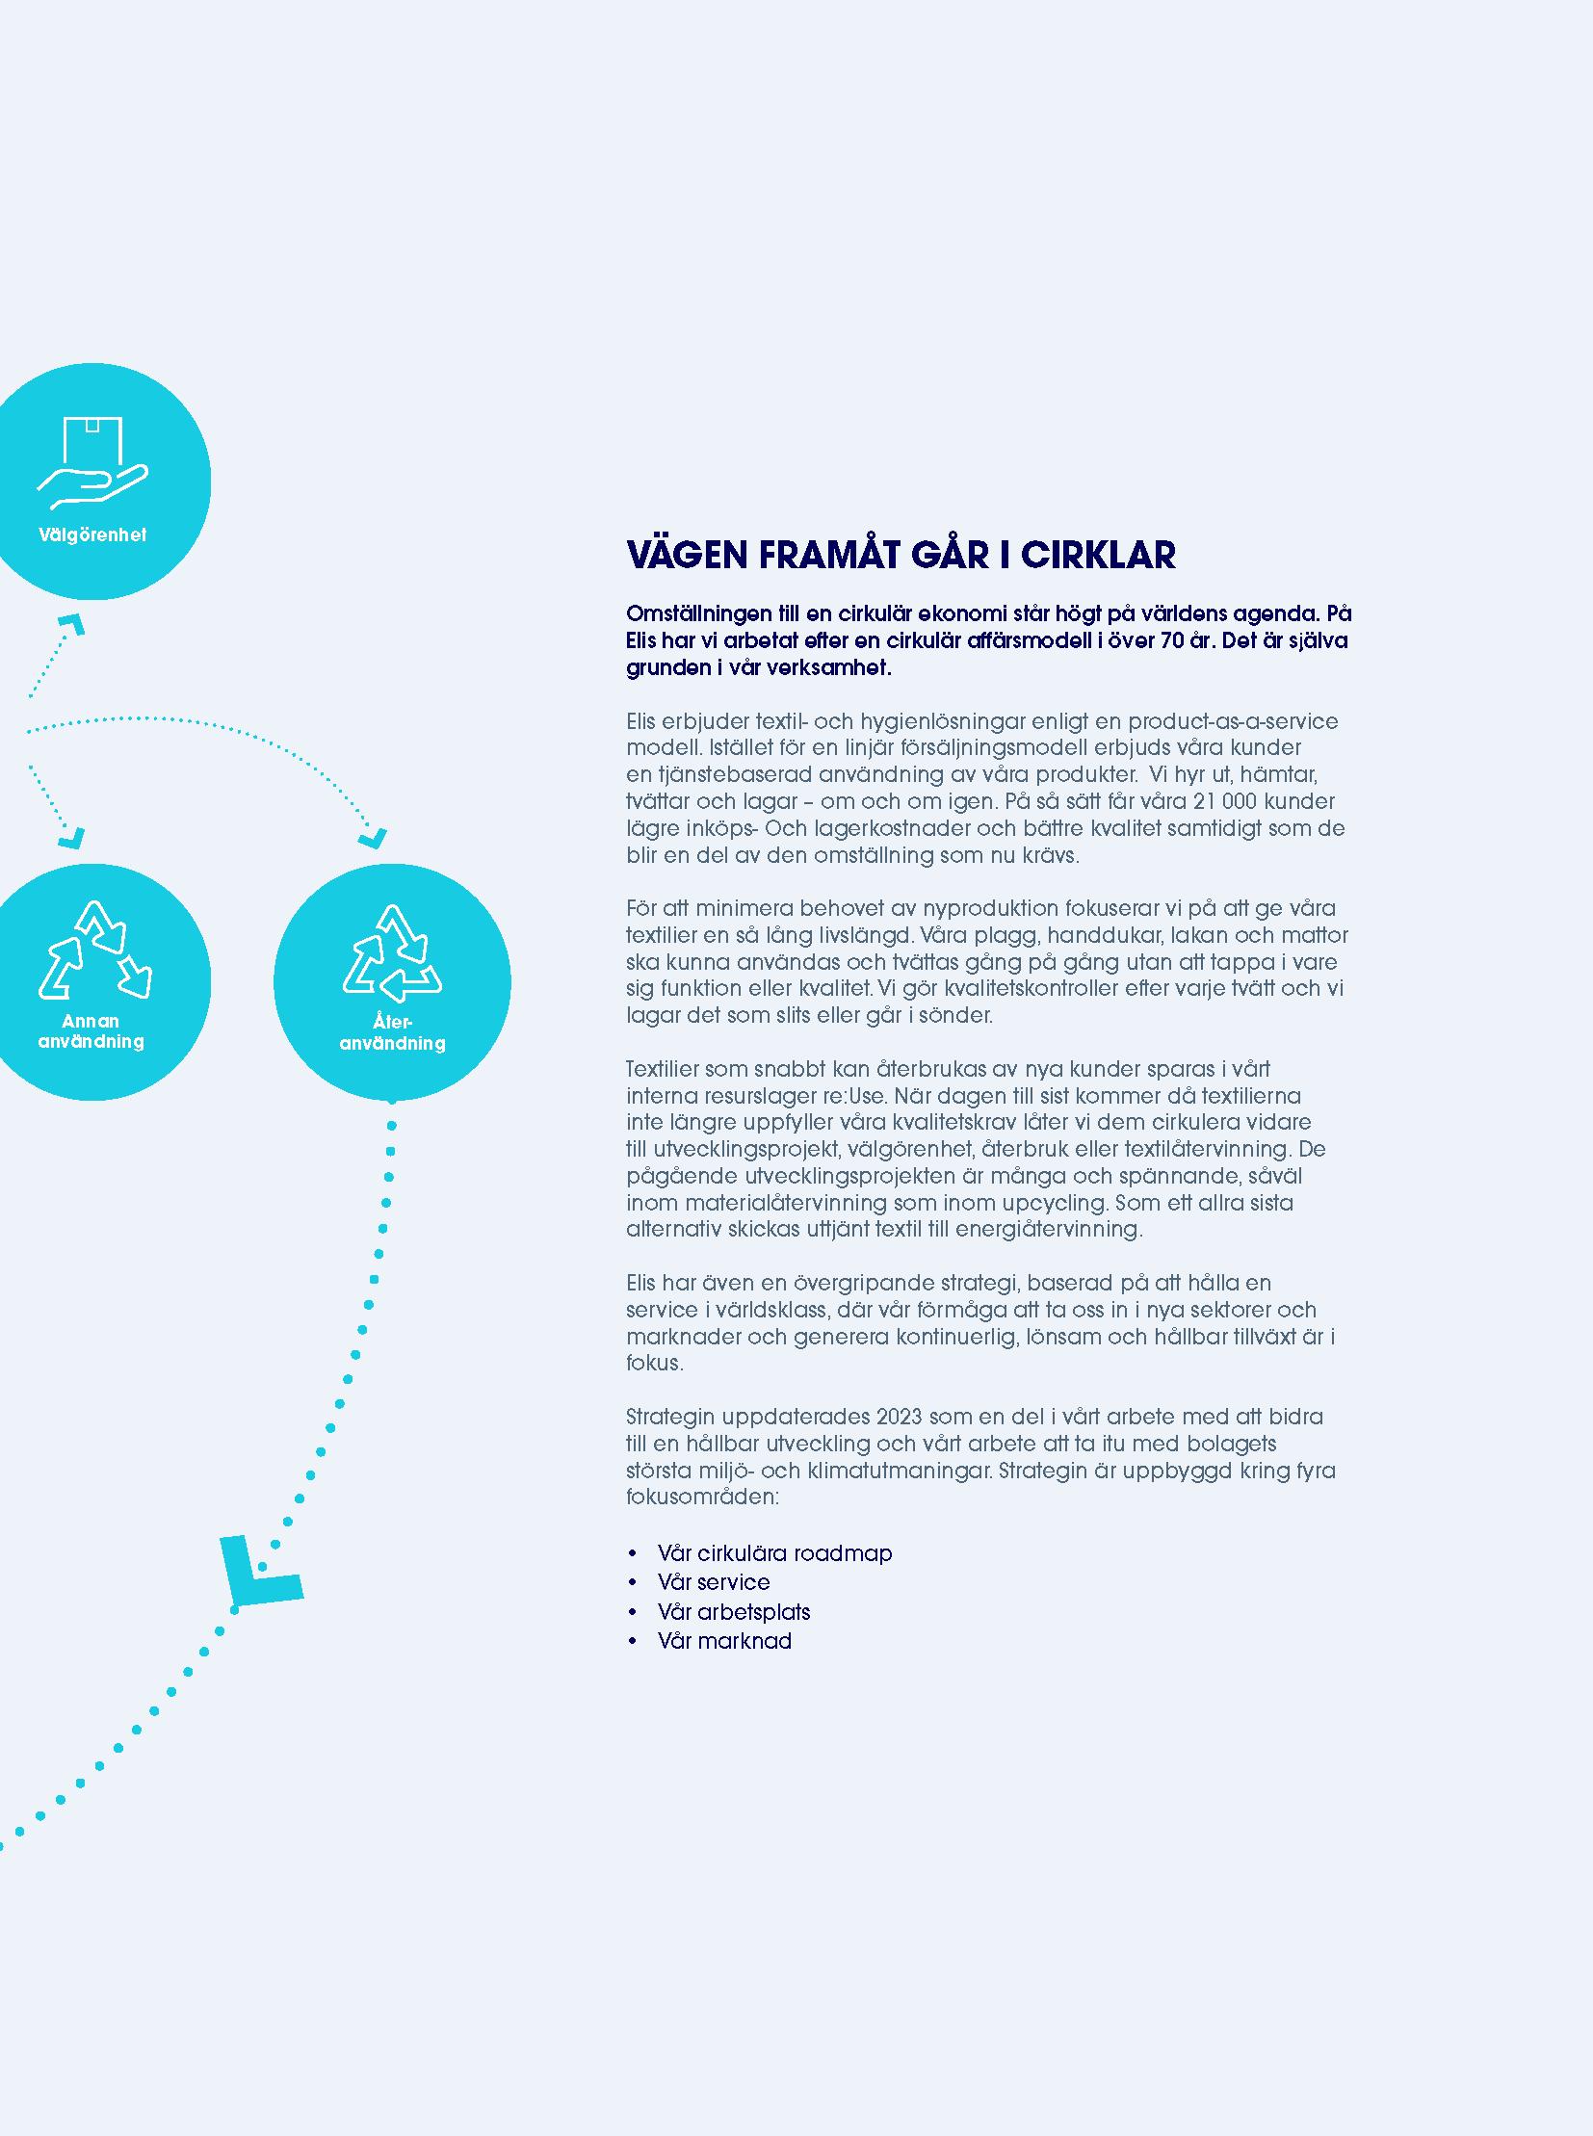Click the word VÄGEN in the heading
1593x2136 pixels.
pyautogui.click(x=687, y=556)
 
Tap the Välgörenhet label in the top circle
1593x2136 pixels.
pyautogui.click(x=92, y=534)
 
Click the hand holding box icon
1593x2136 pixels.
pyautogui.click(x=92, y=463)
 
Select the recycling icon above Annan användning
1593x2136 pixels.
pyautogui.click(x=94, y=950)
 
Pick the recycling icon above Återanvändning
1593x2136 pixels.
pyautogui.click(x=391, y=952)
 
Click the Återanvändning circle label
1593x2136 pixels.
pyautogui.click(x=391, y=1031)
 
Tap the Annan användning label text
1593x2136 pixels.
pyautogui.click(x=91, y=1030)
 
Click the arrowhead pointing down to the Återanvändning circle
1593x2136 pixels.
pyautogui.click(x=373, y=837)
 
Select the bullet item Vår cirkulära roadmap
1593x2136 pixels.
pyautogui.click(x=774, y=1553)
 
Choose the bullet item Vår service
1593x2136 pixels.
pyautogui.click(x=714, y=1582)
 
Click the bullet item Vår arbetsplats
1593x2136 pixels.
pyautogui.click(x=734, y=1612)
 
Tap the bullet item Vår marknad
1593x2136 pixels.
pyautogui.click(x=724, y=1641)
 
